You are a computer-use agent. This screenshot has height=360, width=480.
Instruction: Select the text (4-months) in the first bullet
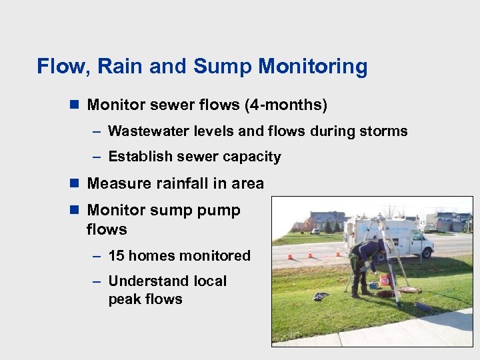pos(286,105)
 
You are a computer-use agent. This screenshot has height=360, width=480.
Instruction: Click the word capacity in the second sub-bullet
pos(251,157)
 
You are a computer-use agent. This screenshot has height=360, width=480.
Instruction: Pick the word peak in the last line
pos(124,299)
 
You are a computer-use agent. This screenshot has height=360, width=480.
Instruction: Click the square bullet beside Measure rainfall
pos(74,183)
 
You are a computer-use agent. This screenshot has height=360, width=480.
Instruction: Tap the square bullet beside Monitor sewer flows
pos(74,105)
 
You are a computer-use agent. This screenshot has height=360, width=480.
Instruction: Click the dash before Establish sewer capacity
pos(97,157)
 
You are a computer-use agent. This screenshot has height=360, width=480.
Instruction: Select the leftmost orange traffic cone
pos(290,254)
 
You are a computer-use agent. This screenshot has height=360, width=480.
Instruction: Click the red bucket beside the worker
pos(385,279)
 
